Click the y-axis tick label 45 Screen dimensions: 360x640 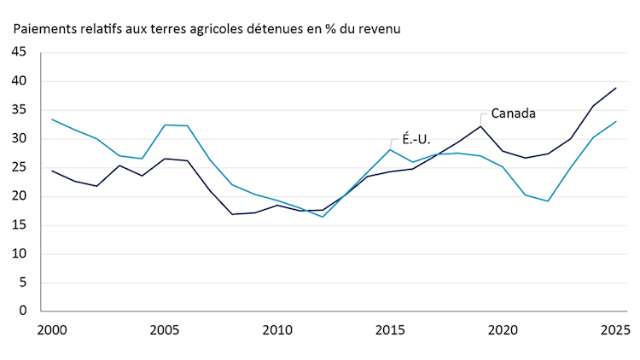tap(19, 53)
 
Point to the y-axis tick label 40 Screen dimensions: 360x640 tap(19, 82)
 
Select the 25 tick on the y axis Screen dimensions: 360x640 tap(19, 168)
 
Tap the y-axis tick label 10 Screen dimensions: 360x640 tap(19, 254)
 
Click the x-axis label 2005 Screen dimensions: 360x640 tap(164, 329)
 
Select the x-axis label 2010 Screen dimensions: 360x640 tap(277, 329)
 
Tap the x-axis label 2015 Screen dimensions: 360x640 tap(390, 329)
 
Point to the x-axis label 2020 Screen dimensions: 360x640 tap(503, 329)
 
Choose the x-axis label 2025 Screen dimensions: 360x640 tap(615, 329)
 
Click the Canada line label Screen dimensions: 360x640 tap(513, 113)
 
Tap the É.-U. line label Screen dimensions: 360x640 tap(416, 139)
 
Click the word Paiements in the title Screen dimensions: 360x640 tap(44, 28)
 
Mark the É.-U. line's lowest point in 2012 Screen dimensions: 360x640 tap(323, 217)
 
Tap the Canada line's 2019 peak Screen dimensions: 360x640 tap(480, 126)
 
